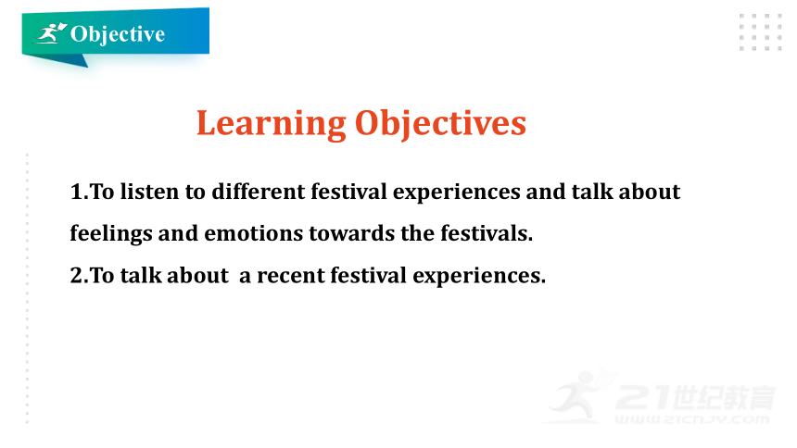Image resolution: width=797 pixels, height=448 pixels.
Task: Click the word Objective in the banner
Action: pos(118,34)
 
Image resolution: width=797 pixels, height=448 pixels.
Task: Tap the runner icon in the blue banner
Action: pos(51,33)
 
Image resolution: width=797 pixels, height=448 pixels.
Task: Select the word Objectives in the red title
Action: pos(440,124)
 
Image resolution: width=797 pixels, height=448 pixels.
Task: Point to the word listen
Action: pos(149,192)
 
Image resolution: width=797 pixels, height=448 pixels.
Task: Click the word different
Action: pos(259,192)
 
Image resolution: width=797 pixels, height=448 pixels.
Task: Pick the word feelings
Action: pos(111,234)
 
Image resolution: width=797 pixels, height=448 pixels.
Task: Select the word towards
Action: pos(352,233)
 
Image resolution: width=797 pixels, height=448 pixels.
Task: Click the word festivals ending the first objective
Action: pos(487,233)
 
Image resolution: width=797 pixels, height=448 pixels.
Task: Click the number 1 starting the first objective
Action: pos(76,193)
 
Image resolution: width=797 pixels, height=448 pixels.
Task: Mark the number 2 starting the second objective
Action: pos(76,276)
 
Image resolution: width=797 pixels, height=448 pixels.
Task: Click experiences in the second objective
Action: pos(479,277)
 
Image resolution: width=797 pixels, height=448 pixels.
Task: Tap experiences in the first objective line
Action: pos(457,193)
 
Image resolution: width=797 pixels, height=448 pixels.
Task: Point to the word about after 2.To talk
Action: pos(197,276)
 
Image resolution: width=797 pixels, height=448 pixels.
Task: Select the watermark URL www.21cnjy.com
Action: pos(692,419)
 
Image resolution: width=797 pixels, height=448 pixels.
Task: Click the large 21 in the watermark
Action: pos(643,397)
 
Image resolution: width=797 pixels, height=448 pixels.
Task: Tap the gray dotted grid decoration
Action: pos(761,32)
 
